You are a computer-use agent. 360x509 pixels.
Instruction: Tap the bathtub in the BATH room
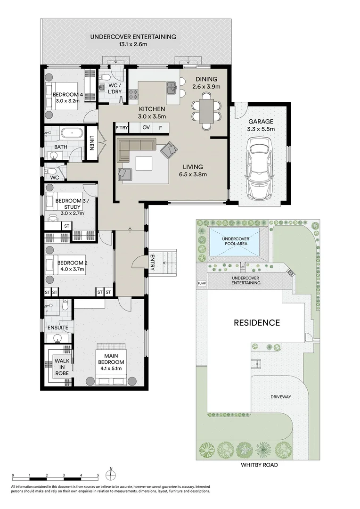coord(72,133)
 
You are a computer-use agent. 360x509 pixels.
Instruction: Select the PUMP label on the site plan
coord(202,284)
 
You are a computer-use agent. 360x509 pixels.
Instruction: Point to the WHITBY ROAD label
coord(259,465)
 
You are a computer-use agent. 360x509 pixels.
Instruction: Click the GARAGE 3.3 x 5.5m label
coord(261,125)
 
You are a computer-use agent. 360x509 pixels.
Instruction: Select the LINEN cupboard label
coord(91,143)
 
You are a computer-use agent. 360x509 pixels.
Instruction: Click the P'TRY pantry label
coord(122,127)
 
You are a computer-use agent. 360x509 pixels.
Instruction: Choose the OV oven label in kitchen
coord(146,127)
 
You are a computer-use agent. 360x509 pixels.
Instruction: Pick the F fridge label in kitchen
coord(161,127)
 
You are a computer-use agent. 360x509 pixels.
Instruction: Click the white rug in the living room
coord(145,163)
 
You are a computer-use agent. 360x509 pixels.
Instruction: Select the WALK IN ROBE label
coord(62,366)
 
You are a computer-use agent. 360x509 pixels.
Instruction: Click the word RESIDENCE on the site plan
coord(257,323)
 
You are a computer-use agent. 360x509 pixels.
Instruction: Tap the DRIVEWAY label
coord(280,397)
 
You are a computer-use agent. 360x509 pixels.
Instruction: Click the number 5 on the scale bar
coord(98,476)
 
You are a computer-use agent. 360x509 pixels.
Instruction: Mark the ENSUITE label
coord(57,327)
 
